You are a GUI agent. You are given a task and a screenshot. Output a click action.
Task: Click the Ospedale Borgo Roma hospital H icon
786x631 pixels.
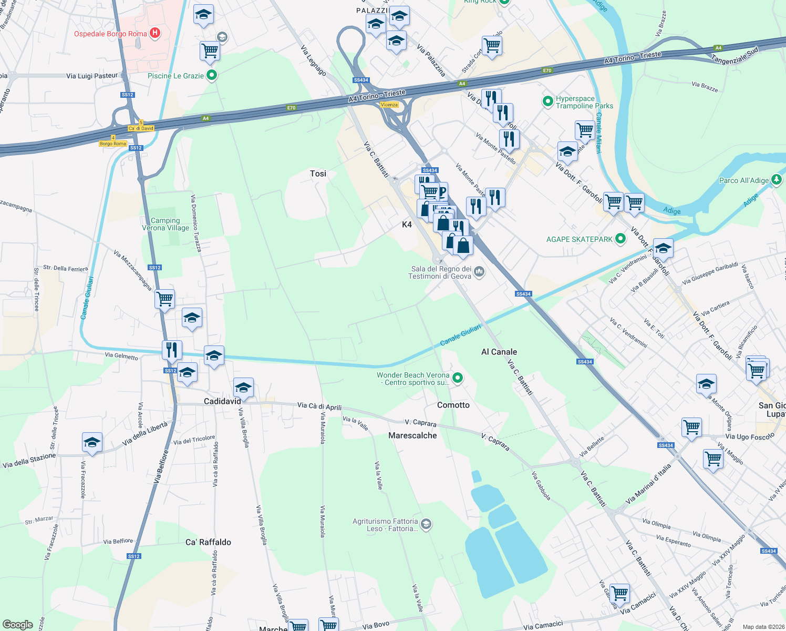154,33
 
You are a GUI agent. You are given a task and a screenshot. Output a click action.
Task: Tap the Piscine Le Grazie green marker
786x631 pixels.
212,76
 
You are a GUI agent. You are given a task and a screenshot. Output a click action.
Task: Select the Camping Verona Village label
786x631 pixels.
166,225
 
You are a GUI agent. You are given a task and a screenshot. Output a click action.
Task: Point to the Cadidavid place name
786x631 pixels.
222,401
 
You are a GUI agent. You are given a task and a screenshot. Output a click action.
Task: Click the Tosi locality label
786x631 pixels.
318,174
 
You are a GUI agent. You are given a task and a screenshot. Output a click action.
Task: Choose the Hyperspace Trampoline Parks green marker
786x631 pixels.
548,100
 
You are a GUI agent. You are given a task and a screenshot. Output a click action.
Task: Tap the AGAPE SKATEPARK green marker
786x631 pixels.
620,239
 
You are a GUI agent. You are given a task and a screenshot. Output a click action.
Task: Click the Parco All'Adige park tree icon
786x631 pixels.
777,180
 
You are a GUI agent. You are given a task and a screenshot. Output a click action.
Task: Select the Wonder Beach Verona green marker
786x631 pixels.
458,378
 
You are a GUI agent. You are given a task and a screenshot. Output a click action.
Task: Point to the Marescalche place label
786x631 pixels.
412,435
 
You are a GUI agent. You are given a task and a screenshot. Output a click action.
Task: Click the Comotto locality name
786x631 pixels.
453,405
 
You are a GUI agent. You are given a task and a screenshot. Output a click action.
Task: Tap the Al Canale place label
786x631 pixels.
499,352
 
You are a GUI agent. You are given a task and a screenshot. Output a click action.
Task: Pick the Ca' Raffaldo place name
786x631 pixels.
208,542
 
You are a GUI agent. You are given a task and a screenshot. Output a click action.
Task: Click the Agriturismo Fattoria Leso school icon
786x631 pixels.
427,524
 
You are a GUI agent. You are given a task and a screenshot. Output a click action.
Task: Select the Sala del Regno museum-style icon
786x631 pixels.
479,271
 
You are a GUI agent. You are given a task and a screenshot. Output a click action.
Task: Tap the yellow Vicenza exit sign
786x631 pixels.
389,105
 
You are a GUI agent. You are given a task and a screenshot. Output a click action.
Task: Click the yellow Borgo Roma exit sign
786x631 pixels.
113,144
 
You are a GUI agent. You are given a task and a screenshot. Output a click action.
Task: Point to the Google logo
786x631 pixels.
18,625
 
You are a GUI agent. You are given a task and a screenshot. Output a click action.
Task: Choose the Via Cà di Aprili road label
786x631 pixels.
319,406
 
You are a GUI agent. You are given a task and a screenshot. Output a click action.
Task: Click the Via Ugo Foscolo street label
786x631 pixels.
750,436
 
